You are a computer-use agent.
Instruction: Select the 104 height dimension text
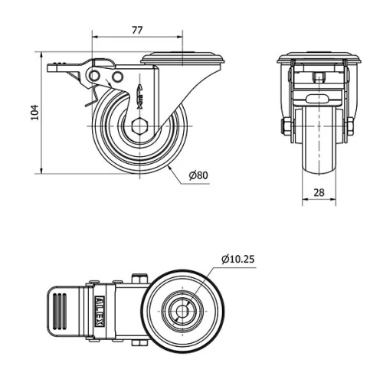tap(33, 113)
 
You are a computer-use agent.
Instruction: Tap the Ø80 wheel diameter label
tap(198, 175)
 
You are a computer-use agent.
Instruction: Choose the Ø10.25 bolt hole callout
tap(237, 259)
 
